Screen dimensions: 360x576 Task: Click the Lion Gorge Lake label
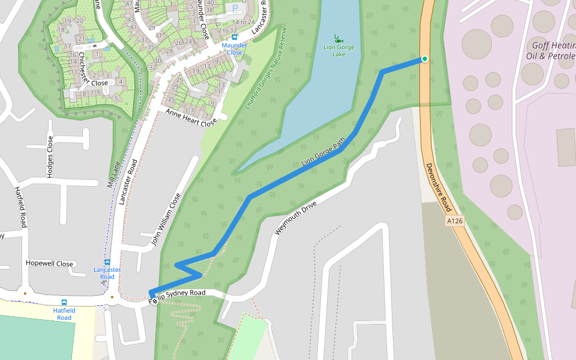click(339, 50)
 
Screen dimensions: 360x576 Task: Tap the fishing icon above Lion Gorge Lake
click(338, 37)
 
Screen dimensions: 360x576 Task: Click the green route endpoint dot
click(425, 59)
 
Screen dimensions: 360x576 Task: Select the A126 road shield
click(455, 221)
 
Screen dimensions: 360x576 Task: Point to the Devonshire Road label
click(439, 188)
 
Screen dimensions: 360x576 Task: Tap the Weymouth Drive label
click(295, 214)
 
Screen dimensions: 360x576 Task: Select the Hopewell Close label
click(49, 264)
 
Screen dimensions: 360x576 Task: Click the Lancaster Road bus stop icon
click(107, 262)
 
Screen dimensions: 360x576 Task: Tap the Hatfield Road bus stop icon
click(64, 302)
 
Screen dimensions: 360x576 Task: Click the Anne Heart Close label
click(191, 118)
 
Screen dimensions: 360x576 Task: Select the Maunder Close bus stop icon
click(235, 37)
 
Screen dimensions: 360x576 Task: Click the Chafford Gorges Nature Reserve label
click(266, 68)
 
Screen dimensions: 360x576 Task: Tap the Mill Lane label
click(114, 174)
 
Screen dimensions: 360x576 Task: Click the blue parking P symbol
click(235, 8)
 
